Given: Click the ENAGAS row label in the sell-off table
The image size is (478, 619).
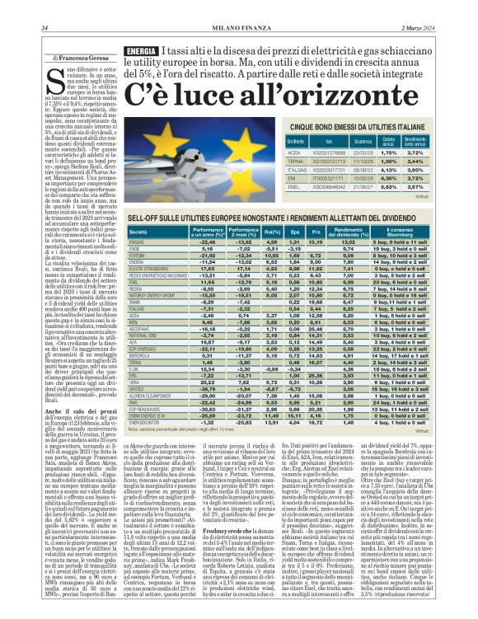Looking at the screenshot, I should (x=137, y=242).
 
